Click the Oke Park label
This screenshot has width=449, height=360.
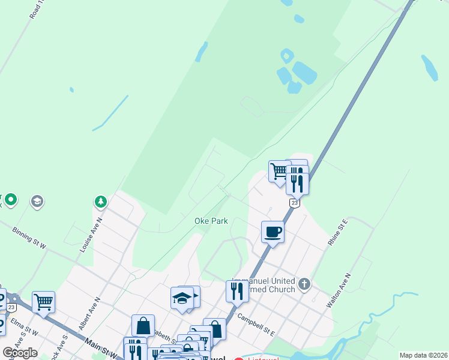[x=211, y=221]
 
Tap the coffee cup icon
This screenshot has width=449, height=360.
[x=273, y=232]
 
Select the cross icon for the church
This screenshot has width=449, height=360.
[x=304, y=283]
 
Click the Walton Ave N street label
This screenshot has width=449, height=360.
[x=339, y=291]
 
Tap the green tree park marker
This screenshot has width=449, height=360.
[x=101, y=202]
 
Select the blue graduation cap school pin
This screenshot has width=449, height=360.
[x=182, y=298]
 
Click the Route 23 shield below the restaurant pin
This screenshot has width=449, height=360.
[x=294, y=203]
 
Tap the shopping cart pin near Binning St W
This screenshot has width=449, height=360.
[x=43, y=302]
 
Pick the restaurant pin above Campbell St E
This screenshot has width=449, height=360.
[x=237, y=292]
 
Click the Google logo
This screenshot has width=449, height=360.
[x=20, y=353]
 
